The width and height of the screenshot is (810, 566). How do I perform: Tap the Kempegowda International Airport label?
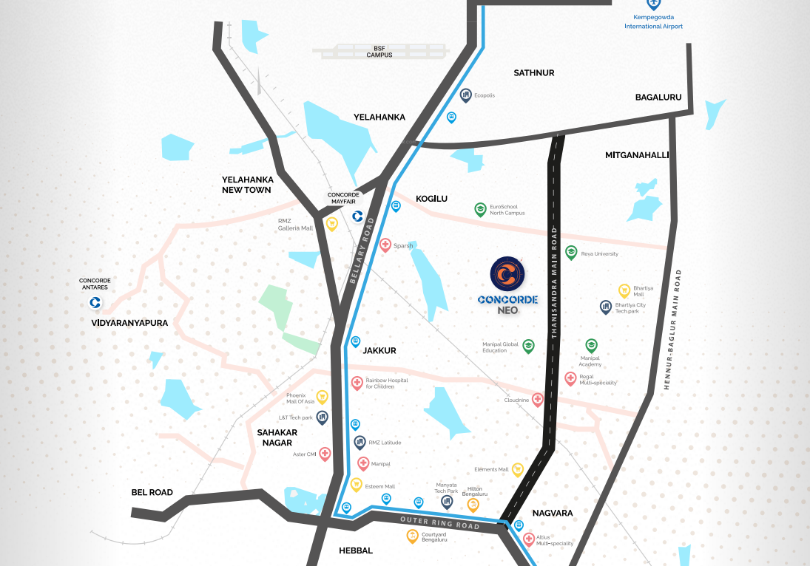[653, 22]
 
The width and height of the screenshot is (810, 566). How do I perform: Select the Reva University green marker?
[571, 253]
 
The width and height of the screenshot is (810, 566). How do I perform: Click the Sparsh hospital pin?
[385, 245]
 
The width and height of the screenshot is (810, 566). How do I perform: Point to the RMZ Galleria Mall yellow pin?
[332, 223]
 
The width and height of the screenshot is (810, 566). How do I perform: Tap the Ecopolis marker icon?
[466, 95]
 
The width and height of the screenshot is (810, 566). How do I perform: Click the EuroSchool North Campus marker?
[481, 209]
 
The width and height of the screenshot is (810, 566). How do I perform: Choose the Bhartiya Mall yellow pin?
[624, 290]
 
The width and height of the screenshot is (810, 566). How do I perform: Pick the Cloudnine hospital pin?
[538, 399]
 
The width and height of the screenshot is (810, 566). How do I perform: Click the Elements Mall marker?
[518, 469]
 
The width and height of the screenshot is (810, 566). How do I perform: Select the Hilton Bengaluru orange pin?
[473, 505]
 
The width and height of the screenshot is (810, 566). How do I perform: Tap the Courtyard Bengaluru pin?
[413, 536]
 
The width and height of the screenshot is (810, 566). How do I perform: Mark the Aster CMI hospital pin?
[325, 454]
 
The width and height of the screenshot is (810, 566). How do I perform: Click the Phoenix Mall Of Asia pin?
[322, 398]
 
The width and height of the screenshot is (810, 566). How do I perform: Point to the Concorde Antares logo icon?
[95, 302]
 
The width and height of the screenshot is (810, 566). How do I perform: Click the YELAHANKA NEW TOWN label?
[248, 185]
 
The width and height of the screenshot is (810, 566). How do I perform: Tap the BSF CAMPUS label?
[379, 52]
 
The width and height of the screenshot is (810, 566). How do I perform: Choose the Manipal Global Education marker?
[528, 346]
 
